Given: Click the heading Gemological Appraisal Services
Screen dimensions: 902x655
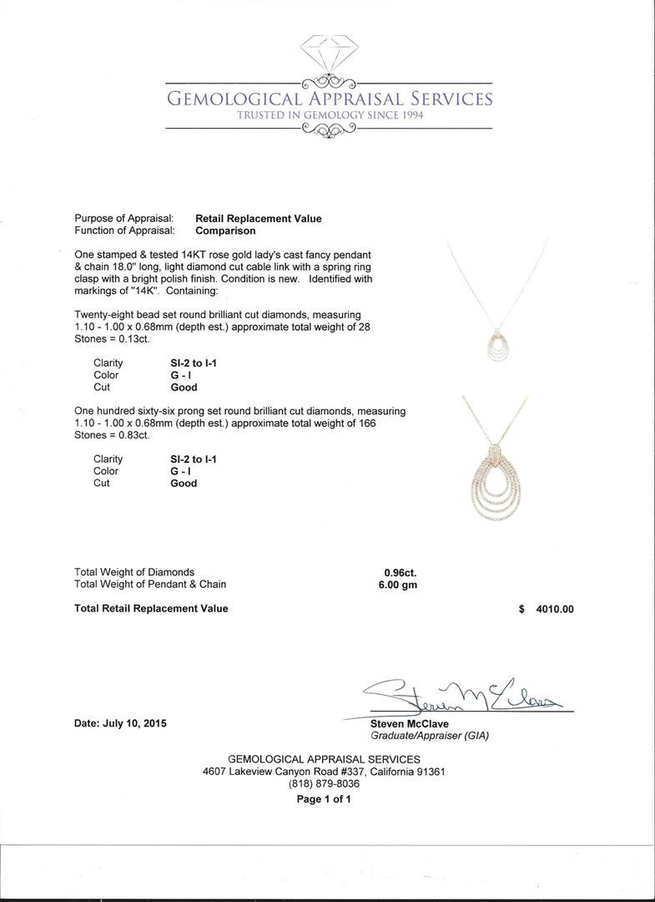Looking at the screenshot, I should pos(330,99).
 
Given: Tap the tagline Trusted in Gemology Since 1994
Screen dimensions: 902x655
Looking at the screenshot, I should pos(330,115).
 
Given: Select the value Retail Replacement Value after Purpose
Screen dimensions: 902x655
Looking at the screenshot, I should pos(258,219).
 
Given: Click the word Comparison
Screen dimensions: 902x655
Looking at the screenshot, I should pos(225,231).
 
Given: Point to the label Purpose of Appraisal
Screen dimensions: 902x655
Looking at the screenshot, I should pos(124,219).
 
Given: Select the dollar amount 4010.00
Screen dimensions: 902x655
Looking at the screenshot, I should pos(555,609).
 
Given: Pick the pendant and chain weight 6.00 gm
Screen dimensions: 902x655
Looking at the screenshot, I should pos(398,585).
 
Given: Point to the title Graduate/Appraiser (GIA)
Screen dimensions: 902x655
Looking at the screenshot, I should pos(430,736).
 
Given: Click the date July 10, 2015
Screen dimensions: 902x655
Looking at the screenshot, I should pos(120,723).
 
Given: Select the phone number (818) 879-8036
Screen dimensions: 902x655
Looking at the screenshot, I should pos(324,784).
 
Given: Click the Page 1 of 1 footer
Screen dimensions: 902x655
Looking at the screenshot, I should pos(324,799).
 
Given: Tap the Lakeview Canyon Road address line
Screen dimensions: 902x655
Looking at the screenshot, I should pos(324,772).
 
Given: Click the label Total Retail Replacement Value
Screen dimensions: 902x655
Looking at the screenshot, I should pos(151,609).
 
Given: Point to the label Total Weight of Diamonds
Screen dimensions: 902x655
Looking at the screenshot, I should pos(134,572).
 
